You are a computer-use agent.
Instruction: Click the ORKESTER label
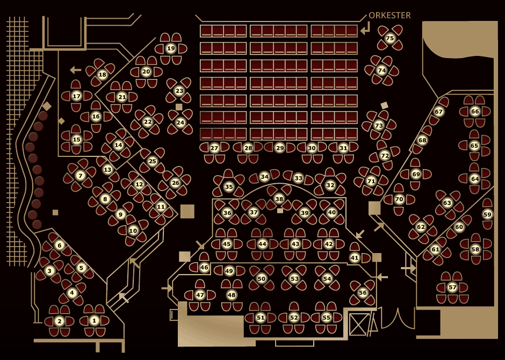pos(389,15)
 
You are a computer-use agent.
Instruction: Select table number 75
pos(389,38)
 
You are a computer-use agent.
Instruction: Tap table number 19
pos(171,48)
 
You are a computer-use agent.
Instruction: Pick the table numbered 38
pos(279,199)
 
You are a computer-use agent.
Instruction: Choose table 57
pos(452,287)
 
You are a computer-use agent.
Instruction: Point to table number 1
pos(95,321)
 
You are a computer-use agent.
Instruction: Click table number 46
pos(204,267)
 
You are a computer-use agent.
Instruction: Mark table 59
pos(487,214)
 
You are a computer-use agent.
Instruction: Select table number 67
pos(439,111)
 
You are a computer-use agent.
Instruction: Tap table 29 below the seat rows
pos(280,148)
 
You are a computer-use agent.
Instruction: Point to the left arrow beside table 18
pos(76,69)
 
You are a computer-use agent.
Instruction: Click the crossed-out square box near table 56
pos(359,325)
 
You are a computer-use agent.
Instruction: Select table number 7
pos(80,176)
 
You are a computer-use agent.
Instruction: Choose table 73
pos(379,125)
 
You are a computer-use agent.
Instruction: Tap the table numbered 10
pos(133,231)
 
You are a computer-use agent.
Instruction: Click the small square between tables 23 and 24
pos(179,107)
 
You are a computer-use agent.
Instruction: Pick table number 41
pos(355,257)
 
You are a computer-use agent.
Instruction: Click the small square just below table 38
pos(280,211)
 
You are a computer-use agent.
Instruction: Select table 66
pos(475,111)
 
